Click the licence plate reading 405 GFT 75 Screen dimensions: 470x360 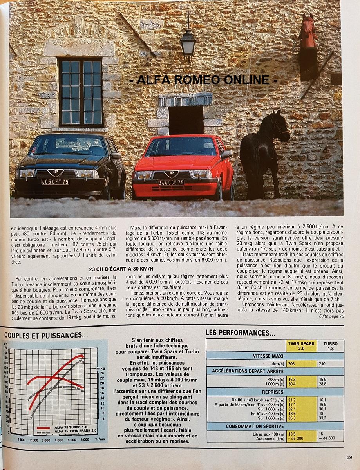(x=55, y=182)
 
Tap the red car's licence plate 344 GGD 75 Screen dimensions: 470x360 (x=171, y=183)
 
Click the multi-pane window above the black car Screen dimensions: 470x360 (x=81, y=92)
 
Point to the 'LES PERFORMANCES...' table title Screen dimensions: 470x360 (x=240, y=333)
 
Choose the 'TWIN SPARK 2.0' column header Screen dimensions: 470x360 (x=301, y=346)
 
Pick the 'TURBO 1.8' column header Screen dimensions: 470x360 (x=330, y=346)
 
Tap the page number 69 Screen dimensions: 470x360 (x=349, y=456)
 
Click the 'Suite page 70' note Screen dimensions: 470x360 (x=331, y=316)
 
